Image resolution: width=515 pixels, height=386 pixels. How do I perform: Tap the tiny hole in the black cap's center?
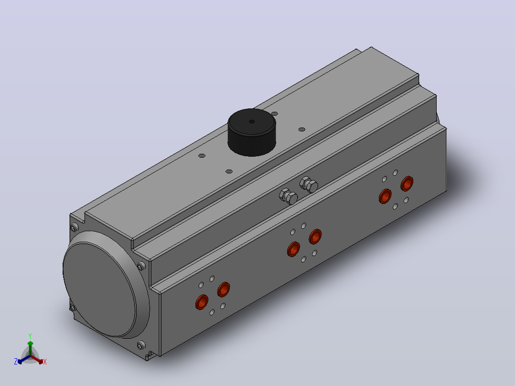click(x=252, y=121)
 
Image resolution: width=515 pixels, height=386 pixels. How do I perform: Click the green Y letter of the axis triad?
click(x=30, y=336)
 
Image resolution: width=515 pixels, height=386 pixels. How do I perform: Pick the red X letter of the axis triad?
click(x=45, y=362)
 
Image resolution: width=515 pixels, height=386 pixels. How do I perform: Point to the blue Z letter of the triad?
click(x=16, y=362)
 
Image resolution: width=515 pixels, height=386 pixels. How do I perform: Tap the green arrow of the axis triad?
click(x=30, y=348)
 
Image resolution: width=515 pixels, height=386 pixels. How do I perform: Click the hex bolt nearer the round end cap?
click(x=289, y=196)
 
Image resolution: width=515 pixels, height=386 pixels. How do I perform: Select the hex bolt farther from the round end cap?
click(x=309, y=184)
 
